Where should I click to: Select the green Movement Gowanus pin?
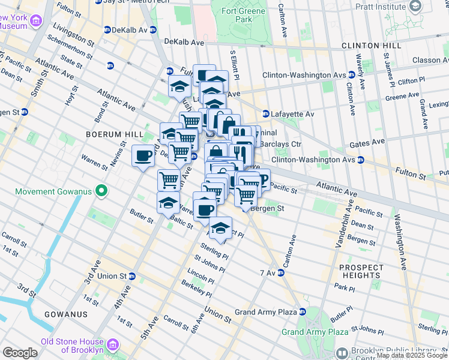pyautogui.click(x=101, y=191)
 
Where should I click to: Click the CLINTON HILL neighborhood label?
pyautogui.click(x=371, y=46)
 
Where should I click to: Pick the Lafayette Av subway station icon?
pyautogui.click(x=265, y=113)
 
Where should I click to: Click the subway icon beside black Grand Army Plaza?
pyautogui.click(x=302, y=312)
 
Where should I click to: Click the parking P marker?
pyautogui.click(x=262, y=178)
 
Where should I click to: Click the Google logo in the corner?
pyautogui.click(x=20, y=353)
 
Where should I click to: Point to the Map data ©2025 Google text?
pyautogui.click(x=412, y=356)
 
